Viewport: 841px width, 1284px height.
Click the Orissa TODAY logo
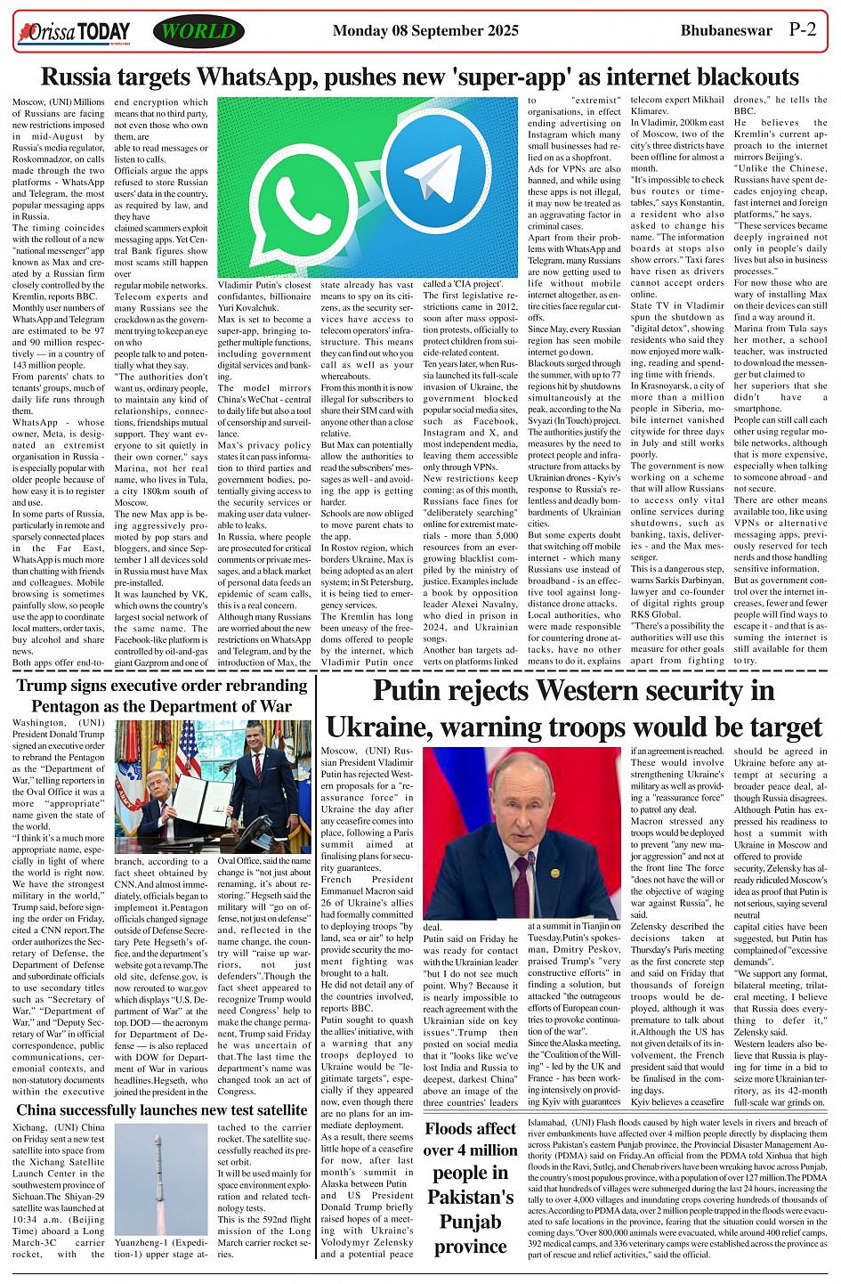[x=74, y=33]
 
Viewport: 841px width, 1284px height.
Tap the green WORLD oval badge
[x=198, y=32]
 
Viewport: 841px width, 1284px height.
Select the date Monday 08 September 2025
[x=425, y=30]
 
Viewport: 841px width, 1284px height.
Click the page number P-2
[x=802, y=29]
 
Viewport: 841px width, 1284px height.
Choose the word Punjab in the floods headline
[x=471, y=1221]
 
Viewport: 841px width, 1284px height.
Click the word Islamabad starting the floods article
[x=548, y=1123]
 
